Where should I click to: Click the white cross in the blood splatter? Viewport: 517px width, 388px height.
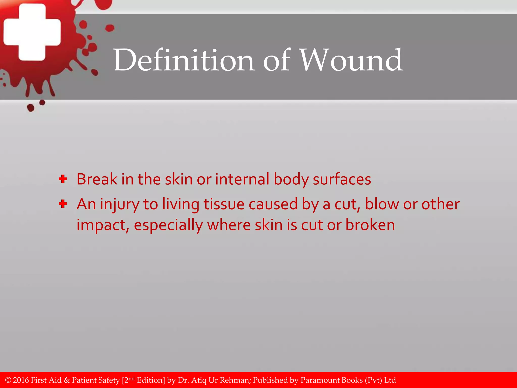pos(32,32)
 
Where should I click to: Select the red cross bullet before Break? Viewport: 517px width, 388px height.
pos(63,179)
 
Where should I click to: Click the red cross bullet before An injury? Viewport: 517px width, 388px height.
pos(63,204)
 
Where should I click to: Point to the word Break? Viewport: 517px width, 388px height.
pos(97,179)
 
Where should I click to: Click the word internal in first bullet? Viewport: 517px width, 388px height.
pos(242,179)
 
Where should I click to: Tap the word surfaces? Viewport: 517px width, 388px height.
pos(342,179)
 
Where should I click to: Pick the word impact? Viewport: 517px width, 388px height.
pos(103,225)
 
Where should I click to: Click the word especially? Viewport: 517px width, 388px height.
pos(168,225)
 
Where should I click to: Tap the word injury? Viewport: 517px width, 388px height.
pos(119,205)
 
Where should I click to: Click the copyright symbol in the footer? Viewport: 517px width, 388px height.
pos(8,380)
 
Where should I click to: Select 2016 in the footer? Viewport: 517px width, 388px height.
pos(21,380)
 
